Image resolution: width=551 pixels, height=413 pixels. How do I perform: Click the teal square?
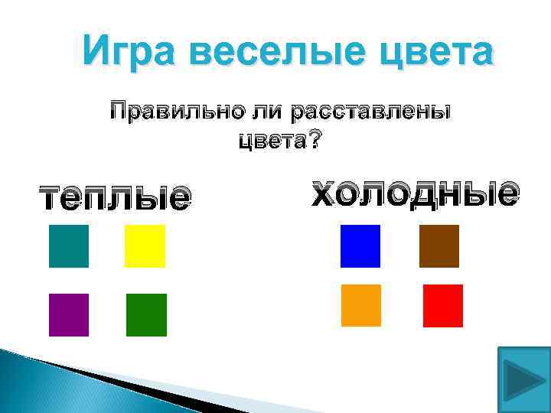(69, 246)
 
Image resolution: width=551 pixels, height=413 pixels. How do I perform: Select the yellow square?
(145, 246)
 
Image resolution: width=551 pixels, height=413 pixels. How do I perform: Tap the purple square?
(69, 315)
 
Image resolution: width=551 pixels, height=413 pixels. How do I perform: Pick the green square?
(146, 315)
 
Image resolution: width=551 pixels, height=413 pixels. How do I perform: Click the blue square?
(360, 246)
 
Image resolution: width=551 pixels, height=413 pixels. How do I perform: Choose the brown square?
(439, 246)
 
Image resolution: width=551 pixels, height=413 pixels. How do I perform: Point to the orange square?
(361, 305)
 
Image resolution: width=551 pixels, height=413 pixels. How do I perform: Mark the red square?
(443, 306)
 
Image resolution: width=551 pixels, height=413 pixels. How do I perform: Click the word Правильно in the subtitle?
(173, 112)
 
